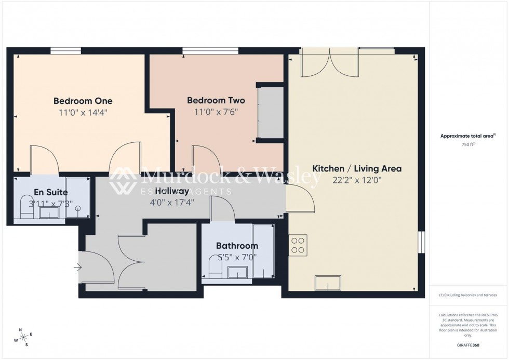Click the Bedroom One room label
[x=83, y=101]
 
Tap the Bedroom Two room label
[x=216, y=100]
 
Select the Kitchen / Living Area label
[x=356, y=169]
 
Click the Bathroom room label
[x=237, y=246]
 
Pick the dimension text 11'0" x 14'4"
[x=83, y=112]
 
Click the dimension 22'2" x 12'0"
[x=356, y=180]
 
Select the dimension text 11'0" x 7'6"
[x=216, y=112]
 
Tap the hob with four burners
[x=298, y=245]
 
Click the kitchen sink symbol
[x=328, y=283]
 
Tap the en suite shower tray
[x=78, y=197]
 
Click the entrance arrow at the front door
[x=78, y=268]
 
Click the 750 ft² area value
[x=465, y=144]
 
